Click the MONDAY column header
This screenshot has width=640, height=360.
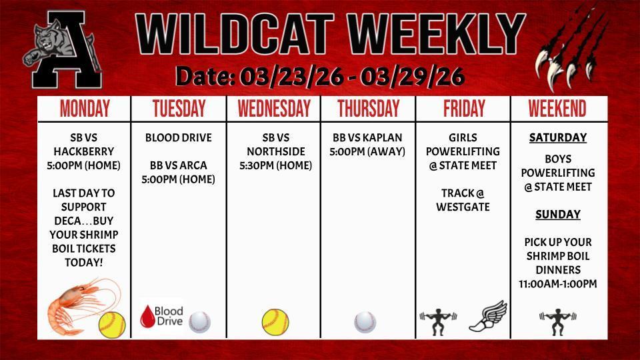[x=85, y=109]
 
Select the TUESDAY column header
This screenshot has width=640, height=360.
[x=179, y=109]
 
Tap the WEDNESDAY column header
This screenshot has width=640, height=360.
[x=274, y=109]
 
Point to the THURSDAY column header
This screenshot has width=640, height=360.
[x=368, y=109]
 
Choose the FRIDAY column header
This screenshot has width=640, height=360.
[x=463, y=109]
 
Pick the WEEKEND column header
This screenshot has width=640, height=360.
[x=557, y=109]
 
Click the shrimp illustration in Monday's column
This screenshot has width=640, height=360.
[x=75, y=305]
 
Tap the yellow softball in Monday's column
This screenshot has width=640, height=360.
[x=111, y=324]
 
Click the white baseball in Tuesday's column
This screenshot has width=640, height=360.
[x=199, y=322]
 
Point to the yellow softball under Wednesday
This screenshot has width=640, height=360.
[x=275, y=322]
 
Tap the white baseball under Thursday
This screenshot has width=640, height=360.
[x=365, y=322]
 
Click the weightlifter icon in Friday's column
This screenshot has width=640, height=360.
[x=438, y=321]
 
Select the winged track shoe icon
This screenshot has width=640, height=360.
[x=488, y=316]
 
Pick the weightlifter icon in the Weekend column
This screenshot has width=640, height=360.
[x=557, y=321]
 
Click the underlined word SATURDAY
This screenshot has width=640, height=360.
[x=557, y=138]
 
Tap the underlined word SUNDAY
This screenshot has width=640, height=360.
[x=557, y=215]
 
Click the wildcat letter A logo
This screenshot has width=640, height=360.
[x=62, y=53]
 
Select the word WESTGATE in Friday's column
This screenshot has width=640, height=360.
[x=463, y=207]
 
